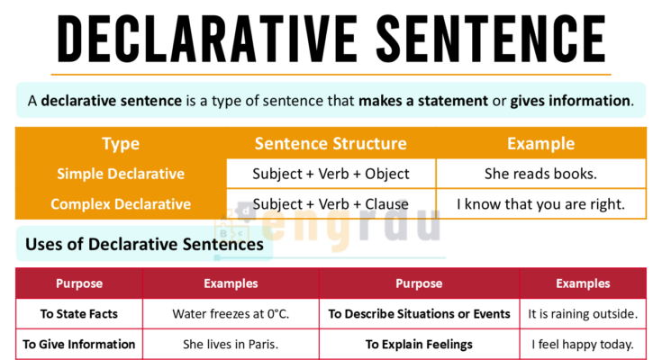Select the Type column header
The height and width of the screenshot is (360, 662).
coord(121,144)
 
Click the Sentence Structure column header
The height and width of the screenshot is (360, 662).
coord(331,144)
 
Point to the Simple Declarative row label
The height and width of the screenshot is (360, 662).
coord(121,174)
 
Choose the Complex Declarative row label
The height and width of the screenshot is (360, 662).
coord(121,204)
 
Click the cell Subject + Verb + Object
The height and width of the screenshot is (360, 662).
coord(331,174)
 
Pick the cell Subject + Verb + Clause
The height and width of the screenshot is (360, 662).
coord(331,204)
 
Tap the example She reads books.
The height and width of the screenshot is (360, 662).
coord(540,174)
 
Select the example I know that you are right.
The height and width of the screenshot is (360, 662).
coord(540,204)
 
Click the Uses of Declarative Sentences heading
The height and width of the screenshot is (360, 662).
coord(144,244)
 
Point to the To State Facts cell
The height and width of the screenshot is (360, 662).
coord(79,314)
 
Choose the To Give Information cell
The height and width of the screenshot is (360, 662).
coord(79,344)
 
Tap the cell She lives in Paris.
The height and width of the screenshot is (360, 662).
coord(231,344)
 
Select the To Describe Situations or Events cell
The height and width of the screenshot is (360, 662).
coord(419,314)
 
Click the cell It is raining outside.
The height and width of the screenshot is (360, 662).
coord(583,314)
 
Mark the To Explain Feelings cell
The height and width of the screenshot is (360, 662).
coord(419,344)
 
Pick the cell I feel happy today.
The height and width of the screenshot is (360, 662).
coord(583,344)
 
